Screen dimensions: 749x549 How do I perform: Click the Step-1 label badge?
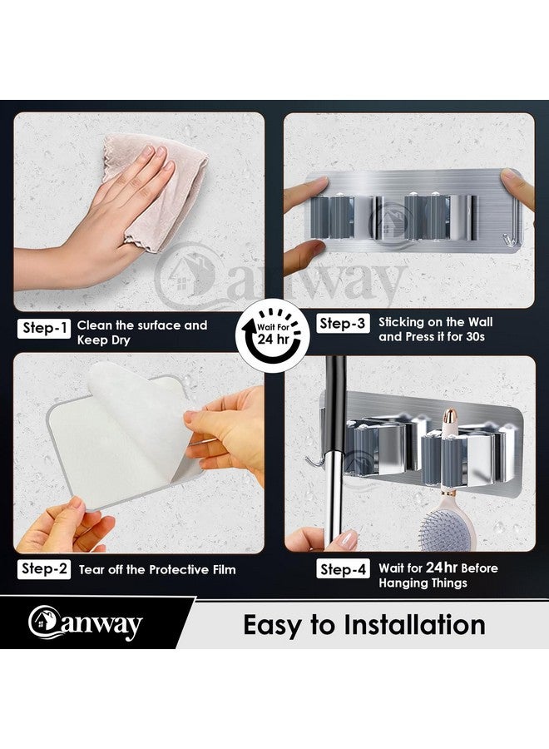point(43,329)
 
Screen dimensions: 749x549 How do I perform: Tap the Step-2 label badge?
point(43,569)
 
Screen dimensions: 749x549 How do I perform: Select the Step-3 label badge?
point(341,324)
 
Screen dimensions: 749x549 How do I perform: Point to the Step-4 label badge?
point(342,569)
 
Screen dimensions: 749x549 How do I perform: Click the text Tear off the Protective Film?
point(157,570)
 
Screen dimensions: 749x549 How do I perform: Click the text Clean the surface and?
point(142,325)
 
